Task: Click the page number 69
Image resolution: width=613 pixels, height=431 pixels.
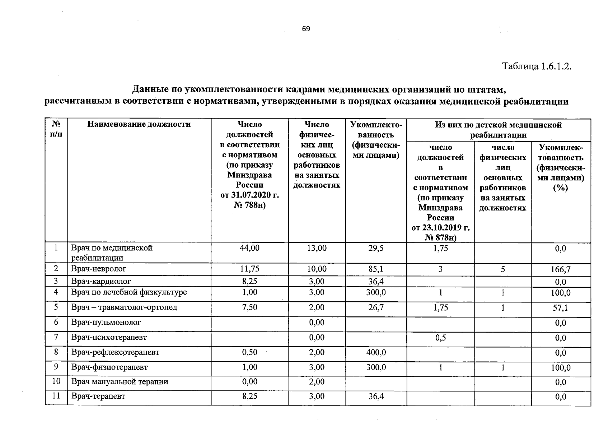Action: tap(306, 29)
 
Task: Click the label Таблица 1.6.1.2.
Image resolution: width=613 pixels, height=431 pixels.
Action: tap(536, 66)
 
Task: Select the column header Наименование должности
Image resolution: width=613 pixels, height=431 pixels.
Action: tap(139, 125)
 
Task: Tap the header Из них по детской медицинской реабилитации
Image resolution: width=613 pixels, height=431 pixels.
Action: tap(498, 130)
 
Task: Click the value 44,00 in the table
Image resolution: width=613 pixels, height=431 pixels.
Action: tap(249, 248)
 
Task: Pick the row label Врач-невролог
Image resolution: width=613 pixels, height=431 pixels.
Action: tap(99, 269)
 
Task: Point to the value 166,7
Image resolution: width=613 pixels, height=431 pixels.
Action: tap(561, 269)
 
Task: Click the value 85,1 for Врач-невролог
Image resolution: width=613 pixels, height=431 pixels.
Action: tap(376, 269)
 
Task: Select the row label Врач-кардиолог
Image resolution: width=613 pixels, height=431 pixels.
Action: tap(101, 281)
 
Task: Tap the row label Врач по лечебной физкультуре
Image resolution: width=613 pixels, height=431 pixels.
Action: tap(129, 292)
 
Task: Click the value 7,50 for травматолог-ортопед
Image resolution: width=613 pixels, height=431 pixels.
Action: tap(249, 307)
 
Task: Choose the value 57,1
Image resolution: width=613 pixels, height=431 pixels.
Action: tap(561, 308)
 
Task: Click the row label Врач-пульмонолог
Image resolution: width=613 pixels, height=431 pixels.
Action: tap(106, 323)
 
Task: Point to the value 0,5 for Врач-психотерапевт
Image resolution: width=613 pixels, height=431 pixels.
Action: tap(440, 338)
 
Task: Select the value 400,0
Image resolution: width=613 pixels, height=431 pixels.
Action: tap(376, 352)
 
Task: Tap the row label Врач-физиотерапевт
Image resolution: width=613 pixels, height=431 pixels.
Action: tap(109, 367)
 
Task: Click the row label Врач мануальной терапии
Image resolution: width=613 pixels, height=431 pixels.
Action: tap(120, 382)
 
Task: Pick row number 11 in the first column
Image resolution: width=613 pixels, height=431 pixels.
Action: tap(56, 397)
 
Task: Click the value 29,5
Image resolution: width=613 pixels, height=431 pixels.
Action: tap(376, 248)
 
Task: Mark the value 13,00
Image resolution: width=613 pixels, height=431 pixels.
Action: tap(317, 248)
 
